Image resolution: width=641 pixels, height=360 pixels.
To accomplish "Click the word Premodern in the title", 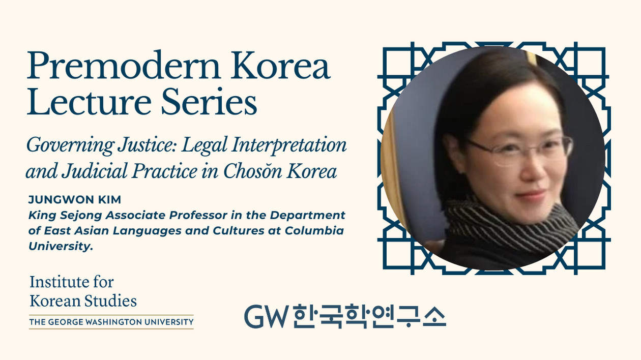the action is click(123, 66).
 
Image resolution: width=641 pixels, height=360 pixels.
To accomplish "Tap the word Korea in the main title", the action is click(280, 66).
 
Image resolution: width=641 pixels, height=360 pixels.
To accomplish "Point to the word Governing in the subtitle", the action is click(70, 146).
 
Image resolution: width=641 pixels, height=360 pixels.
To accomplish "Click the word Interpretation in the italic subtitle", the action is click(289, 145).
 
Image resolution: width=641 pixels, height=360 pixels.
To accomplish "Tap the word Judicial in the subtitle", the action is click(95, 171).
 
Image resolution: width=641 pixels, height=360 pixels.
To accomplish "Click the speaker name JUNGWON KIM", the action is click(75, 200).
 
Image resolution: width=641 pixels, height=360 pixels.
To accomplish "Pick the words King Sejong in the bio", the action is click(65, 215).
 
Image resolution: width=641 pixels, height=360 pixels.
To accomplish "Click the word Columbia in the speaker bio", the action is click(314, 230).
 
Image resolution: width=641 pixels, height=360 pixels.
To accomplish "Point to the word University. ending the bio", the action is click(61, 246).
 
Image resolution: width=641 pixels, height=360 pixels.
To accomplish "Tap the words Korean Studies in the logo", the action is click(83, 301).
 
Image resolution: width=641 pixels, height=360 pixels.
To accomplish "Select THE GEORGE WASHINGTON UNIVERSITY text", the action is click(111, 322).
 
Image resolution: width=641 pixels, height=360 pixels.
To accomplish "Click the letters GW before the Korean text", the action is click(266, 317).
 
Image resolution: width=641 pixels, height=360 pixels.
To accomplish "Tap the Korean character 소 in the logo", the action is click(434, 317).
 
